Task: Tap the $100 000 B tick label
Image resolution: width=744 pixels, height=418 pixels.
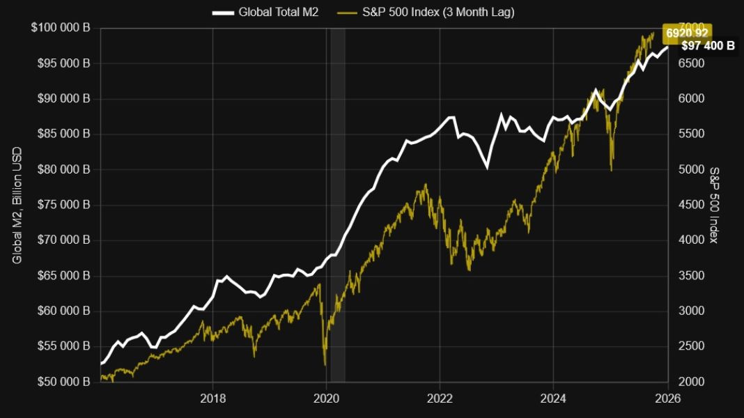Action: point(61,28)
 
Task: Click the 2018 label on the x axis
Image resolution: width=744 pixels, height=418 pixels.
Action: point(212,398)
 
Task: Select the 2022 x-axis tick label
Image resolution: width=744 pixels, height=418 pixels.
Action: point(440,398)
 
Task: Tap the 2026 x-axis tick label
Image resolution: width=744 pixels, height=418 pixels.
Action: point(667,398)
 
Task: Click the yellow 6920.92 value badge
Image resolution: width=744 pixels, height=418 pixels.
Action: point(687,33)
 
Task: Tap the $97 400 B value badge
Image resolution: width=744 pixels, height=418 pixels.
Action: point(708,46)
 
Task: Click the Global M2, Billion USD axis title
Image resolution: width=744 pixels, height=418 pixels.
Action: point(17,205)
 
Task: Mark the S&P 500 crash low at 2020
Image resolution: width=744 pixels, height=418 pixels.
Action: point(325,364)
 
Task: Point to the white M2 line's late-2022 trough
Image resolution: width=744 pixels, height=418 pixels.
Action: point(487,168)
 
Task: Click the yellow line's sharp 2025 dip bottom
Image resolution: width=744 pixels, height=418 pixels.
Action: point(611,169)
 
